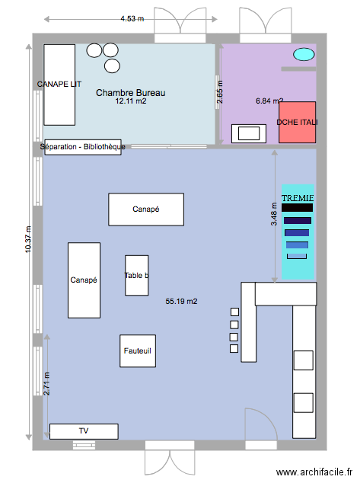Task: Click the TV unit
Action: (x=84, y=431)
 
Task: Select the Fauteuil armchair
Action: (x=138, y=351)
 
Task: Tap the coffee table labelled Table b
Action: (x=136, y=275)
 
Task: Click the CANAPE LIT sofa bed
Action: (x=59, y=85)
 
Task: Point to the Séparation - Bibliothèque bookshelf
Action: (x=83, y=147)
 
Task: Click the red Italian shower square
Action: (x=298, y=123)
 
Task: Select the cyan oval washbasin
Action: (x=304, y=54)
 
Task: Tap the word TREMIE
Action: (x=298, y=198)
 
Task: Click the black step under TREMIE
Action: (x=297, y=207)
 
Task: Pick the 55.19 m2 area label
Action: (x=181, y=301)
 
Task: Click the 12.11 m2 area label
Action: (x=131, y=101)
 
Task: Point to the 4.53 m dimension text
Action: (x=132, y=19)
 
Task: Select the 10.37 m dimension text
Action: (x=28, y=239)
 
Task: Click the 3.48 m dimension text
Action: (x=274, y=214)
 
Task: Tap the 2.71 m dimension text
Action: (x=46, y=383)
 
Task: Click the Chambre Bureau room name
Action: (x=131, y=93)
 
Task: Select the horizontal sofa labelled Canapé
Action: (x=146, y=210)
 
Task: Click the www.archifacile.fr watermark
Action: (x=314, y=472)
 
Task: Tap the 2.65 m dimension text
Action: (x=219, y=92)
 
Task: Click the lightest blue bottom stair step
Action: (x=297, y=256)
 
